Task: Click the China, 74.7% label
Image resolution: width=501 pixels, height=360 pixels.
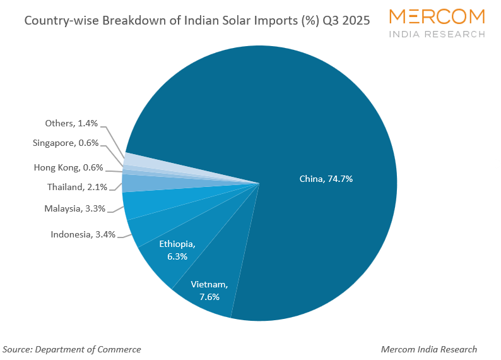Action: point(326,179)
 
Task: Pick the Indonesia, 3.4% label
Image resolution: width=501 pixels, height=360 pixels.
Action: point(83,235)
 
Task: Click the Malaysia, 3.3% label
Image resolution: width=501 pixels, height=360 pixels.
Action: point(74,208)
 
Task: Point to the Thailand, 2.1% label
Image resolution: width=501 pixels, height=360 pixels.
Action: point(77,187)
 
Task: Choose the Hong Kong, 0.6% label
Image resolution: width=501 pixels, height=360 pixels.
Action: point(68,167)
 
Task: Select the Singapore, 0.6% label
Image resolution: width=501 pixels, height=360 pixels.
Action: point(66,143)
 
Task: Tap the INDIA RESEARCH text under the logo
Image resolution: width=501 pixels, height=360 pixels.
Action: point(437,34)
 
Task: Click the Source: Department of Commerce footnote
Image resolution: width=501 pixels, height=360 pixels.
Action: point(72,349)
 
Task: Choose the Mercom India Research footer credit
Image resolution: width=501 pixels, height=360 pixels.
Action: point(429,349)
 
